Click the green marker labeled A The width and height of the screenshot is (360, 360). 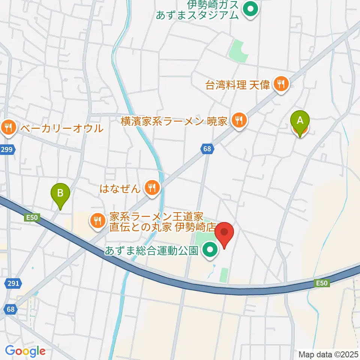[x=300, y=121]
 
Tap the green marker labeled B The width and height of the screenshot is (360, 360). [x=60, y=193]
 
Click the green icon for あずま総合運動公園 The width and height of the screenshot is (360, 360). [x=210, y=249]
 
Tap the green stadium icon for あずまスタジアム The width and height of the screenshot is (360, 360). [x=250, y=9]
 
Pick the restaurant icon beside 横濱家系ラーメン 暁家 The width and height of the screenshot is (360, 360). [x=238, y=120]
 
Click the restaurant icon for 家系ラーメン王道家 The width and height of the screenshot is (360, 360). [x=97, y=220]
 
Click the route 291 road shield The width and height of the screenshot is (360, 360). [x=13, y=283]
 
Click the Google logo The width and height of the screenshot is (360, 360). [x=25, y=351]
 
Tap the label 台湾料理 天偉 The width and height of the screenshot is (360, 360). [x=238, y=85]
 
